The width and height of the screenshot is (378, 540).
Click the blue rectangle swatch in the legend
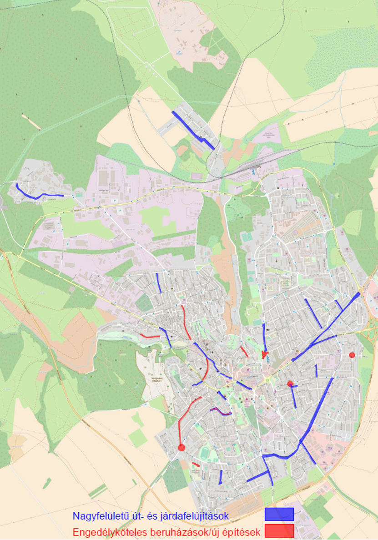coord(279,514)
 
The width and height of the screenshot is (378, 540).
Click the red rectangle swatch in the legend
coord(279,530)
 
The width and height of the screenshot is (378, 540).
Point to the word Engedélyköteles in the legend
coord(107,532)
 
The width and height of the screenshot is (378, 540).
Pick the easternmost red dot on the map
coord(352,355)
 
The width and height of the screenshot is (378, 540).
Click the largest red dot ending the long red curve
coord(181,448)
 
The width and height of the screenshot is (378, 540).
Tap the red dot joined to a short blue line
coord(290,384)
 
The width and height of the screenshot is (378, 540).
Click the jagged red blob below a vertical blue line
coord(265,354)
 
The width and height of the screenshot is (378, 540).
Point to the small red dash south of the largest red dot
coord(196,464)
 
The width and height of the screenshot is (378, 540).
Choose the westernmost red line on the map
coord(150,336)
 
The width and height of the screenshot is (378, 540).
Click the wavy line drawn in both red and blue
coord(221,411)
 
